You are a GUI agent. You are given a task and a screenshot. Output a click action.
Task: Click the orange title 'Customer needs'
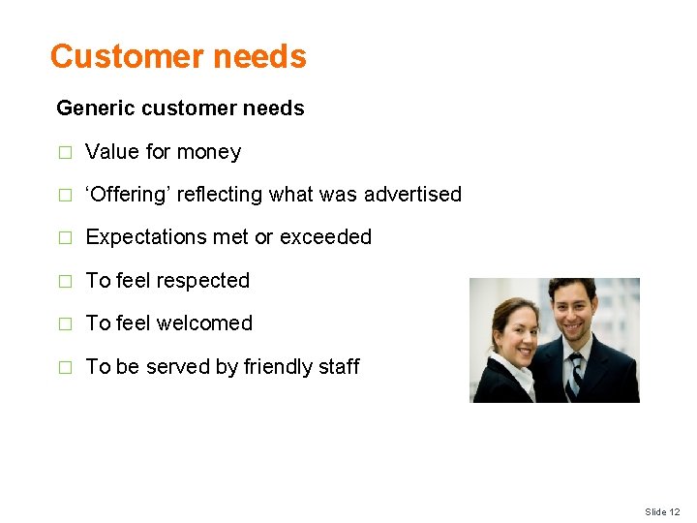coord(178,57)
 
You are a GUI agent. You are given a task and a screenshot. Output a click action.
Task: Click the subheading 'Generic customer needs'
coord(180,108)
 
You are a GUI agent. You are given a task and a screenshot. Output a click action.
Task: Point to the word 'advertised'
coord(413,195)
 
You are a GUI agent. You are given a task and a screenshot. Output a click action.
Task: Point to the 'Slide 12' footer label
coord(662,511)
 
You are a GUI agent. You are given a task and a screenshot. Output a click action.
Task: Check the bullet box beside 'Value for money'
coord(65,153)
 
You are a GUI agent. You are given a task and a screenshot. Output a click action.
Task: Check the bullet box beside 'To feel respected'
coord(65,282)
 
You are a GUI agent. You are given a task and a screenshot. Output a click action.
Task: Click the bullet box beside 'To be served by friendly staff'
coord(65,368)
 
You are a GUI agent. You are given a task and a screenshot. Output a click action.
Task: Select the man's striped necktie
coord(576,373)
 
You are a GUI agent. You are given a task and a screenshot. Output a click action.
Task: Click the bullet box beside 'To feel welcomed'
coord(65,324)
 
